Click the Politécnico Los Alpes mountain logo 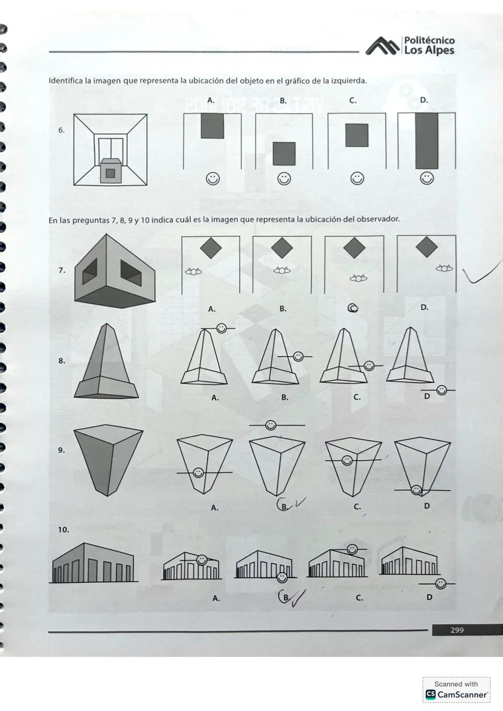click(x=383, y=46)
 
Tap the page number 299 click(x=457, y=630)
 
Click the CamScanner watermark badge click(x=456, y=690)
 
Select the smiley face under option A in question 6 click(x=213, y=179)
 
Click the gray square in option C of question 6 click(x=357, y=135)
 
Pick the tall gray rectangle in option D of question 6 click(x=427, y=141)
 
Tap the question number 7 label click(x=61, y=270)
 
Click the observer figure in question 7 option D click(x=444, y=268)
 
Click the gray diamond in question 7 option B click(x=282, y=248)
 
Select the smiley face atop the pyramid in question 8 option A click(x=222, y=329)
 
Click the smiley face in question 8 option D click(x=441, y=390)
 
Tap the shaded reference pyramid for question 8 click(x=106, y=363)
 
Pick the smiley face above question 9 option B click(x=271, y=425)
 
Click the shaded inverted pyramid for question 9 click(x=108, y=458)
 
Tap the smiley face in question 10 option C click(x=353, y=549)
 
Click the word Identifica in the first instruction click(x=65, y=80)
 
